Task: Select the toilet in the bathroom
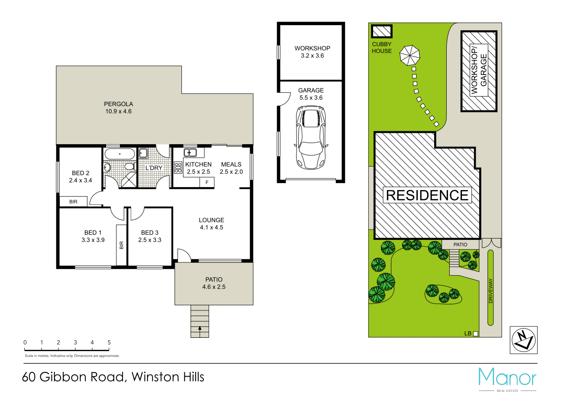pos(129,167)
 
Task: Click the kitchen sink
pos(190,152)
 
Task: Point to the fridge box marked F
pos(207,183)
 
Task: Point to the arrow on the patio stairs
pos(200,329)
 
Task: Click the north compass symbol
pos(523,339)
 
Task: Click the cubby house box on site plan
pos(381,32)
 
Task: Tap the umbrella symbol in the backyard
pos(410,56)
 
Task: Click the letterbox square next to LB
pos(475,333)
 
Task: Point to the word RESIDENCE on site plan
pos(427,195)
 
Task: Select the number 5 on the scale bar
pos(109,342)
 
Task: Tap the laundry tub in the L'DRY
pos(143,153)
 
